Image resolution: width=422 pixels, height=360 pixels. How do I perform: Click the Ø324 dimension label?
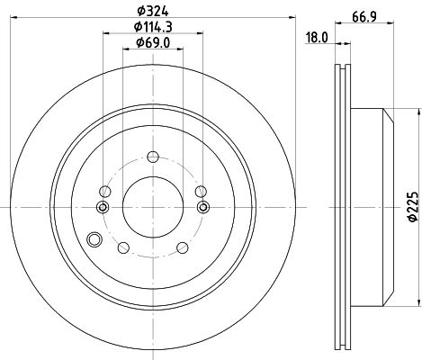(x=153, y=11)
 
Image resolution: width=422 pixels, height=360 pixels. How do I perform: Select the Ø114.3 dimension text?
(x=153, y=27)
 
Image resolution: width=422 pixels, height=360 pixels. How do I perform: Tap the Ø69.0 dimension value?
(x=153, y=43)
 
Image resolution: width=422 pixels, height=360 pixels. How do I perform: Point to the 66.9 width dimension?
(x=364, y=17)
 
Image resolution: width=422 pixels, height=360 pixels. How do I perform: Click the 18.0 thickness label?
(x=317, y=38)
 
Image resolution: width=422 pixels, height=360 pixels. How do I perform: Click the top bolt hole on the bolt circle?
(x=153, y=157)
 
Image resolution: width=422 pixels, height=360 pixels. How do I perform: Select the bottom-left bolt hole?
(x=123, y=247)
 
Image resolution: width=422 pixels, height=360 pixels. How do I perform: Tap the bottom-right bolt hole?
(x=183, y=247)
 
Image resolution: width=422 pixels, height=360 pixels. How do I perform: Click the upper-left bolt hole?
(x=105, y=191)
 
